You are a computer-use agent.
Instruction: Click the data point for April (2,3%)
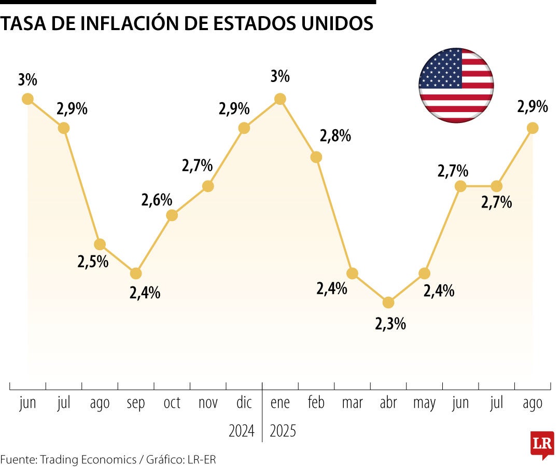coord(388,303)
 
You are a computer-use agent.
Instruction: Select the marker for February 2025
coord(316,157)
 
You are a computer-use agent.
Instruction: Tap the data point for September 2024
coord(136,273)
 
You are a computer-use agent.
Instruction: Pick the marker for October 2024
coord(172,215)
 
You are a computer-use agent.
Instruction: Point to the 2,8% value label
coord(335,136)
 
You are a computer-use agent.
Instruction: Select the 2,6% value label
coord(157,200)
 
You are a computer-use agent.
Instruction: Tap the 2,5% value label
coord(93,262)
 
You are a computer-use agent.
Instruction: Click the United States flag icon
coord(456,86)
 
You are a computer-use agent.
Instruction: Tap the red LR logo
coord(542,445)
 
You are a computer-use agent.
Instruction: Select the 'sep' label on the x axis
coord(136,403)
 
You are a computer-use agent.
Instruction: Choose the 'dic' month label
coord(244,403)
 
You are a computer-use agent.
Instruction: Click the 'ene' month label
coord(280,403)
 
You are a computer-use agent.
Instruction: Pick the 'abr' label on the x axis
coord(388,403)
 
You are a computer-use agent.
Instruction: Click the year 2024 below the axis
coord(242,431)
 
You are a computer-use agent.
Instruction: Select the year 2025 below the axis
coord(283,431)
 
